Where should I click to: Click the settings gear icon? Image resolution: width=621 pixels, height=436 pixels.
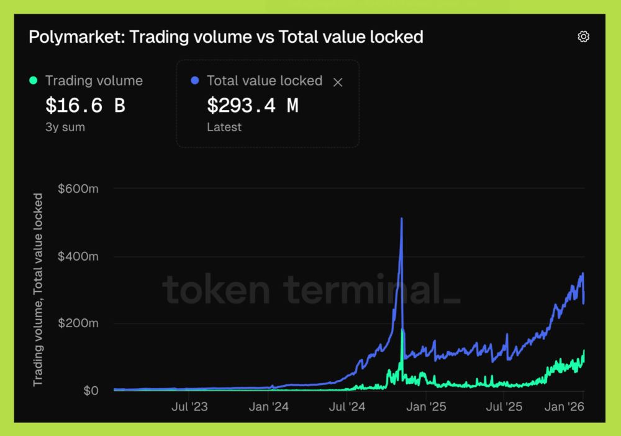coord(583,37)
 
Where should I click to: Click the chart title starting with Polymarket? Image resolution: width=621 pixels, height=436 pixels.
coord(226,37)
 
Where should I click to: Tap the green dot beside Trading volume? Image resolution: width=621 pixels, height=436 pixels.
coord(34,80)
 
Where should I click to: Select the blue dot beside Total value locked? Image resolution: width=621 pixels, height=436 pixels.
coord(195,80)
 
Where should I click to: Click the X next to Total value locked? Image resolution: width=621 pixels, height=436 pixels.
coord(338,81)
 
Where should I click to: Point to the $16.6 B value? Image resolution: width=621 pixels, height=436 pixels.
coord(85,106)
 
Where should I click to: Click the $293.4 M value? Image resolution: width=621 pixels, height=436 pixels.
coord(252,106)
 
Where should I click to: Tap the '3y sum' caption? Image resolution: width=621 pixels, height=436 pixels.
coord(65,128)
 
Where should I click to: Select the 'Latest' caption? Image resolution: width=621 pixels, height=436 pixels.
coord(224,128)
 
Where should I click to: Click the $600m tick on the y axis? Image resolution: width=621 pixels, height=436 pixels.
coord(78,189)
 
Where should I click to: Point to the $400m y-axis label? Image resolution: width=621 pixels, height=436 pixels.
coord(78,256)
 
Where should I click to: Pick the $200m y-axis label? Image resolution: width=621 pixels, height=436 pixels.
coord(78,323)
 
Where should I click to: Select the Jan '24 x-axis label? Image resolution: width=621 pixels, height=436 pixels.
coord(268,407)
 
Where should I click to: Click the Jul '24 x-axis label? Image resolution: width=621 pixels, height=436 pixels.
coord(347,407)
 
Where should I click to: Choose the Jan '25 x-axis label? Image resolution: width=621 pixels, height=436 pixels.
coord(425,407)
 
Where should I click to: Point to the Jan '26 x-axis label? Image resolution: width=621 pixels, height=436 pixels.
coord(564,407)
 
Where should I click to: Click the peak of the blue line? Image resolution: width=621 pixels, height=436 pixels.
coord(402,219)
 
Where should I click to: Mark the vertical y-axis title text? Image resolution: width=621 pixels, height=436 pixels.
coord(39,289)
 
